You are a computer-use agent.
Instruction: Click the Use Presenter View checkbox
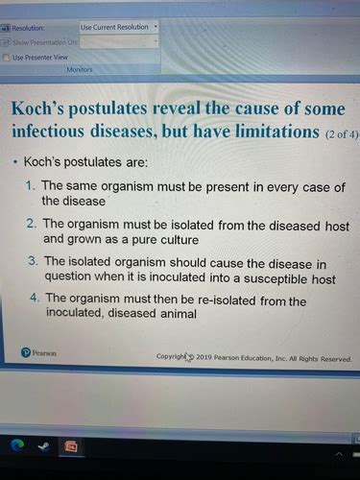click(8, 58)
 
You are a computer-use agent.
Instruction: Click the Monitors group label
click(80, 70)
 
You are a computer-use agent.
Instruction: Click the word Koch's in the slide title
click(39, 108)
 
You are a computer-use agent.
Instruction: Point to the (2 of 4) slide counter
click(341, 132)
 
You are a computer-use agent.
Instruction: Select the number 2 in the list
click(32, 223)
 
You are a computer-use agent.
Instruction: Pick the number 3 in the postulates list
click(32, 261)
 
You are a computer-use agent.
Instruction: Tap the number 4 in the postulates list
click(32, 299)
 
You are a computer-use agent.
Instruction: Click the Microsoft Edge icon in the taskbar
click(18, 445)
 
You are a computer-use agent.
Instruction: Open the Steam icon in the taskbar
click(44, 445)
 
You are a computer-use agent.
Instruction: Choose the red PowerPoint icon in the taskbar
click(70, 446)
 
